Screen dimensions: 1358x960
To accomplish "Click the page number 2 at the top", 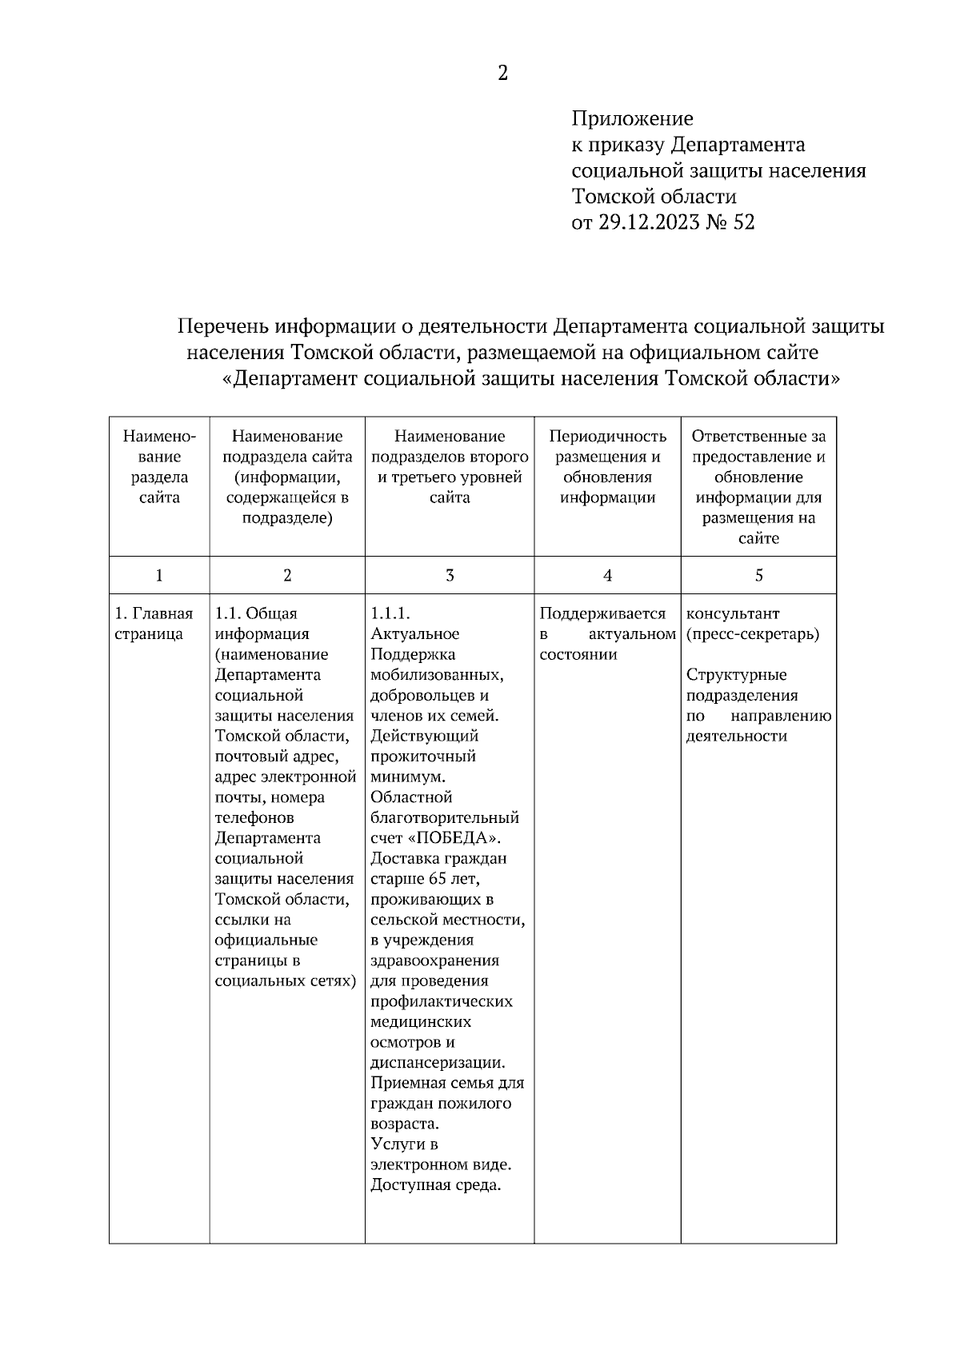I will tap(502, 74).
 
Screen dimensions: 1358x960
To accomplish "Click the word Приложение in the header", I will tap(632, 119).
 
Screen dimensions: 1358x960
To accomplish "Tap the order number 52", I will tap(743, 222).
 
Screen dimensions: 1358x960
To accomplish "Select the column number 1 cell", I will tap(159, 575).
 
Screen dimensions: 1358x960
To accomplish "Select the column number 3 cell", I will tap(450, 575).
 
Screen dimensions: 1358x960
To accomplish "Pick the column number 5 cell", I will tap(758, 575).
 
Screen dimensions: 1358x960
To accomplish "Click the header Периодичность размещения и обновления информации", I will tap(607, 466).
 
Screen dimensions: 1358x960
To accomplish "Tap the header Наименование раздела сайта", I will tap(159, 466).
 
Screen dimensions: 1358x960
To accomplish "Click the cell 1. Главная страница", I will tap(154, 624).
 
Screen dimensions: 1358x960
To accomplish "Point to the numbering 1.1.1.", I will tap(390, 614).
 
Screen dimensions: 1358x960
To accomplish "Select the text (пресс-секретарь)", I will tap(752, 634).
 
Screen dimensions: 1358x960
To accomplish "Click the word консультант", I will tap(732, 614).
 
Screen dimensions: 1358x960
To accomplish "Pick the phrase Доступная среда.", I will tap(435, 1185).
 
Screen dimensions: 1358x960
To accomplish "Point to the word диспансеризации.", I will tap(437, 1063).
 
